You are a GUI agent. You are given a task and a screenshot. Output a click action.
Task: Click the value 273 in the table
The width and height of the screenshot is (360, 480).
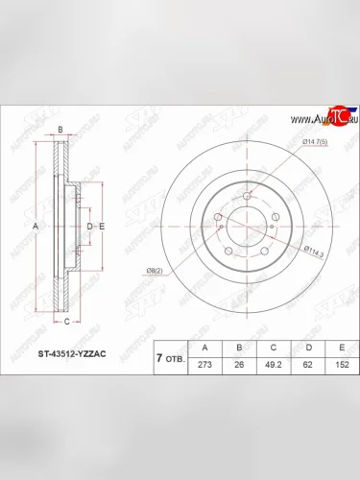[x=204, y=366]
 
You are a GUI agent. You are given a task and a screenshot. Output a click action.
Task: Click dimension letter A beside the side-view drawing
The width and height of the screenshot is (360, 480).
[x=36, y=226]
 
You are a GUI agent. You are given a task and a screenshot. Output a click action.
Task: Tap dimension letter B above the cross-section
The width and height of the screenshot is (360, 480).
[x=60, y=129]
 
